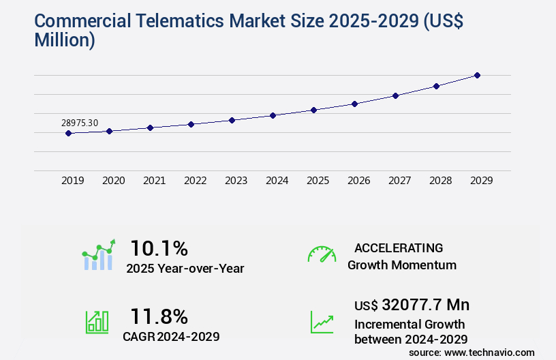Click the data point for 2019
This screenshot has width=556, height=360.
tap(68, 134)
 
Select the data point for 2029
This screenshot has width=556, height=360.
tap(477, 75)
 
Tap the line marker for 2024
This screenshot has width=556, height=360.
tap(273, 115)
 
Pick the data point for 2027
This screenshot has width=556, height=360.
tap(395, 95)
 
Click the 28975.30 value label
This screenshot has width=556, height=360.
tap(80, 123)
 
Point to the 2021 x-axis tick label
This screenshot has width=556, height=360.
tap(155, 181)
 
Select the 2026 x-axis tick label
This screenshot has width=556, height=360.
tap(359, 181)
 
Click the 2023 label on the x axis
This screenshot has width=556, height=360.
tap(236, 181)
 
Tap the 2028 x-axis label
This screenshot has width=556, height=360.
tap(441, 181)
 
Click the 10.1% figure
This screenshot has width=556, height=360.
tap(159, 247)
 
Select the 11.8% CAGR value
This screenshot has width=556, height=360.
tap(159, 316)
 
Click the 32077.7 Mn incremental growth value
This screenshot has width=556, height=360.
tap(412, 304)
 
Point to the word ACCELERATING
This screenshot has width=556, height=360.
tap(399, 247)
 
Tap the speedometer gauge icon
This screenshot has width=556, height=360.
tap(322, 254)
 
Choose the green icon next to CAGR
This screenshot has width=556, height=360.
tap(97, 322)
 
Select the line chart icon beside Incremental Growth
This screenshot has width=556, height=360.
tap(322, 322)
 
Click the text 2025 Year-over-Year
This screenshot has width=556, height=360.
tap(185, 268)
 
